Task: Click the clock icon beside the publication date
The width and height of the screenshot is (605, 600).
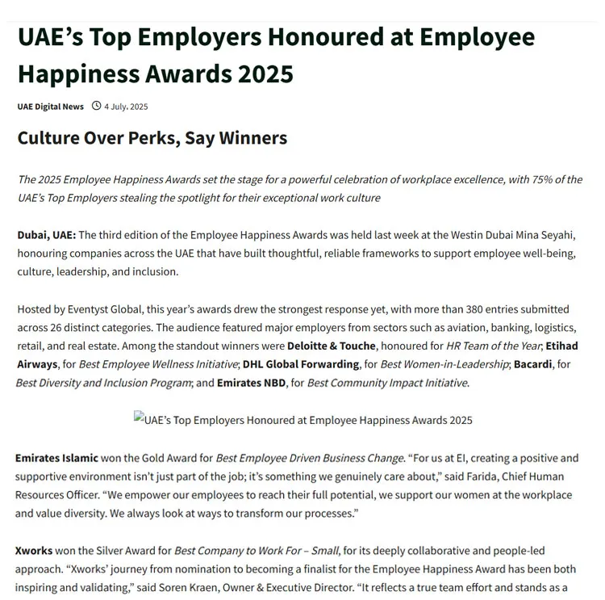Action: coord(96,106)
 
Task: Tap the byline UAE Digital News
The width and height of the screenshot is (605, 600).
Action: coord(50,107)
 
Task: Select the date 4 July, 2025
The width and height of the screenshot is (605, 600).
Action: coord(126,107)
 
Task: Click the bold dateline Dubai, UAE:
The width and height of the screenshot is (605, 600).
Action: coord(47,235)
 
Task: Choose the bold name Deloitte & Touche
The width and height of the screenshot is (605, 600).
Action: coord(331,346)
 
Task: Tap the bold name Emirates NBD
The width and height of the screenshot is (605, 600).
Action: coord(251,383)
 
